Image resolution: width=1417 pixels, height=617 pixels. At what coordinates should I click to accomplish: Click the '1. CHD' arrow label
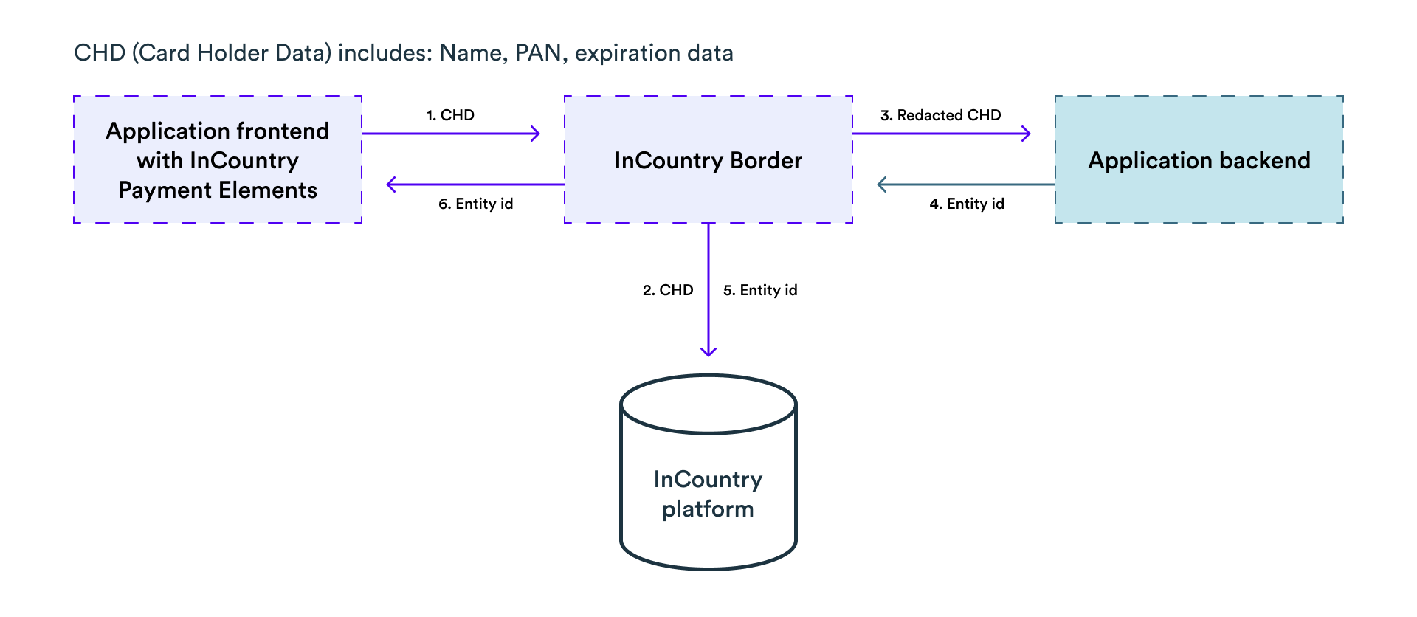[450, 115]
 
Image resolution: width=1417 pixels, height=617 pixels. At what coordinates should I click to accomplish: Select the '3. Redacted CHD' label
[940, 115]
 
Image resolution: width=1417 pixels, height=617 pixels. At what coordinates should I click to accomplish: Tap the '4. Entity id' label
[967, 204]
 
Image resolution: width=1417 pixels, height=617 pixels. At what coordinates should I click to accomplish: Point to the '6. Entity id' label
[475, 204]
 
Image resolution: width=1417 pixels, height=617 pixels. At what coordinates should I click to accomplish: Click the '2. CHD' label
[668, 290]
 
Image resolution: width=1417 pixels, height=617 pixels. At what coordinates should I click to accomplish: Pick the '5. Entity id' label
[760, 290]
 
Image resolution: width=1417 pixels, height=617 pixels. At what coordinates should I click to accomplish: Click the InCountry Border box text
[708, 160]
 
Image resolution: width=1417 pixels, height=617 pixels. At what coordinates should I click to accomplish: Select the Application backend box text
[1199, 160]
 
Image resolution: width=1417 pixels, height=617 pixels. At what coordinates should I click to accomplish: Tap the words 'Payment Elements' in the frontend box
[218, 190]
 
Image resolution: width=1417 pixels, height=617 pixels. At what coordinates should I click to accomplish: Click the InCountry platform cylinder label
[708, 494]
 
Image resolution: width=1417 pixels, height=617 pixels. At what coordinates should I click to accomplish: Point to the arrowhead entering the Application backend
[1027, 134]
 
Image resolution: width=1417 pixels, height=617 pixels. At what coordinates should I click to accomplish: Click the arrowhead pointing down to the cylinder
[708, 351]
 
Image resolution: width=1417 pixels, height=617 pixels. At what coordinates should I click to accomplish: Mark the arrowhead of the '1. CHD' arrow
[536, 134]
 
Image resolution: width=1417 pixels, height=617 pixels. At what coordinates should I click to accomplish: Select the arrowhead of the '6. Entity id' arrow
[391, 185]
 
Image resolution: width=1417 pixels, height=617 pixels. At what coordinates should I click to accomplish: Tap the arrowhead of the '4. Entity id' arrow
[881, 185]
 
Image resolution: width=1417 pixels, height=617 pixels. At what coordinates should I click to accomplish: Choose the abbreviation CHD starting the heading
[100, 53]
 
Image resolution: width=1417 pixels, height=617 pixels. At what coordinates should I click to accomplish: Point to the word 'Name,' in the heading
[473, 53]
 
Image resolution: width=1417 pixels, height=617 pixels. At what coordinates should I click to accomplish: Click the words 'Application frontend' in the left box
[218, 131]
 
